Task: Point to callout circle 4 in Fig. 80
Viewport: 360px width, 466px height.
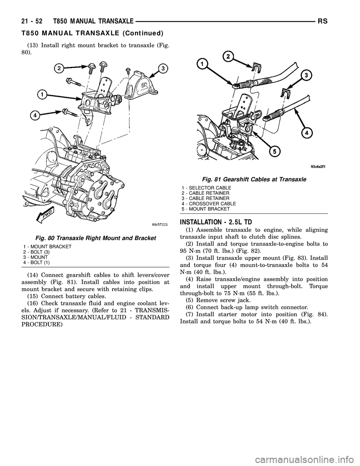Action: pos(35,115)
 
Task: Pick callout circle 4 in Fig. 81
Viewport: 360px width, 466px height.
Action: pos(307,132)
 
